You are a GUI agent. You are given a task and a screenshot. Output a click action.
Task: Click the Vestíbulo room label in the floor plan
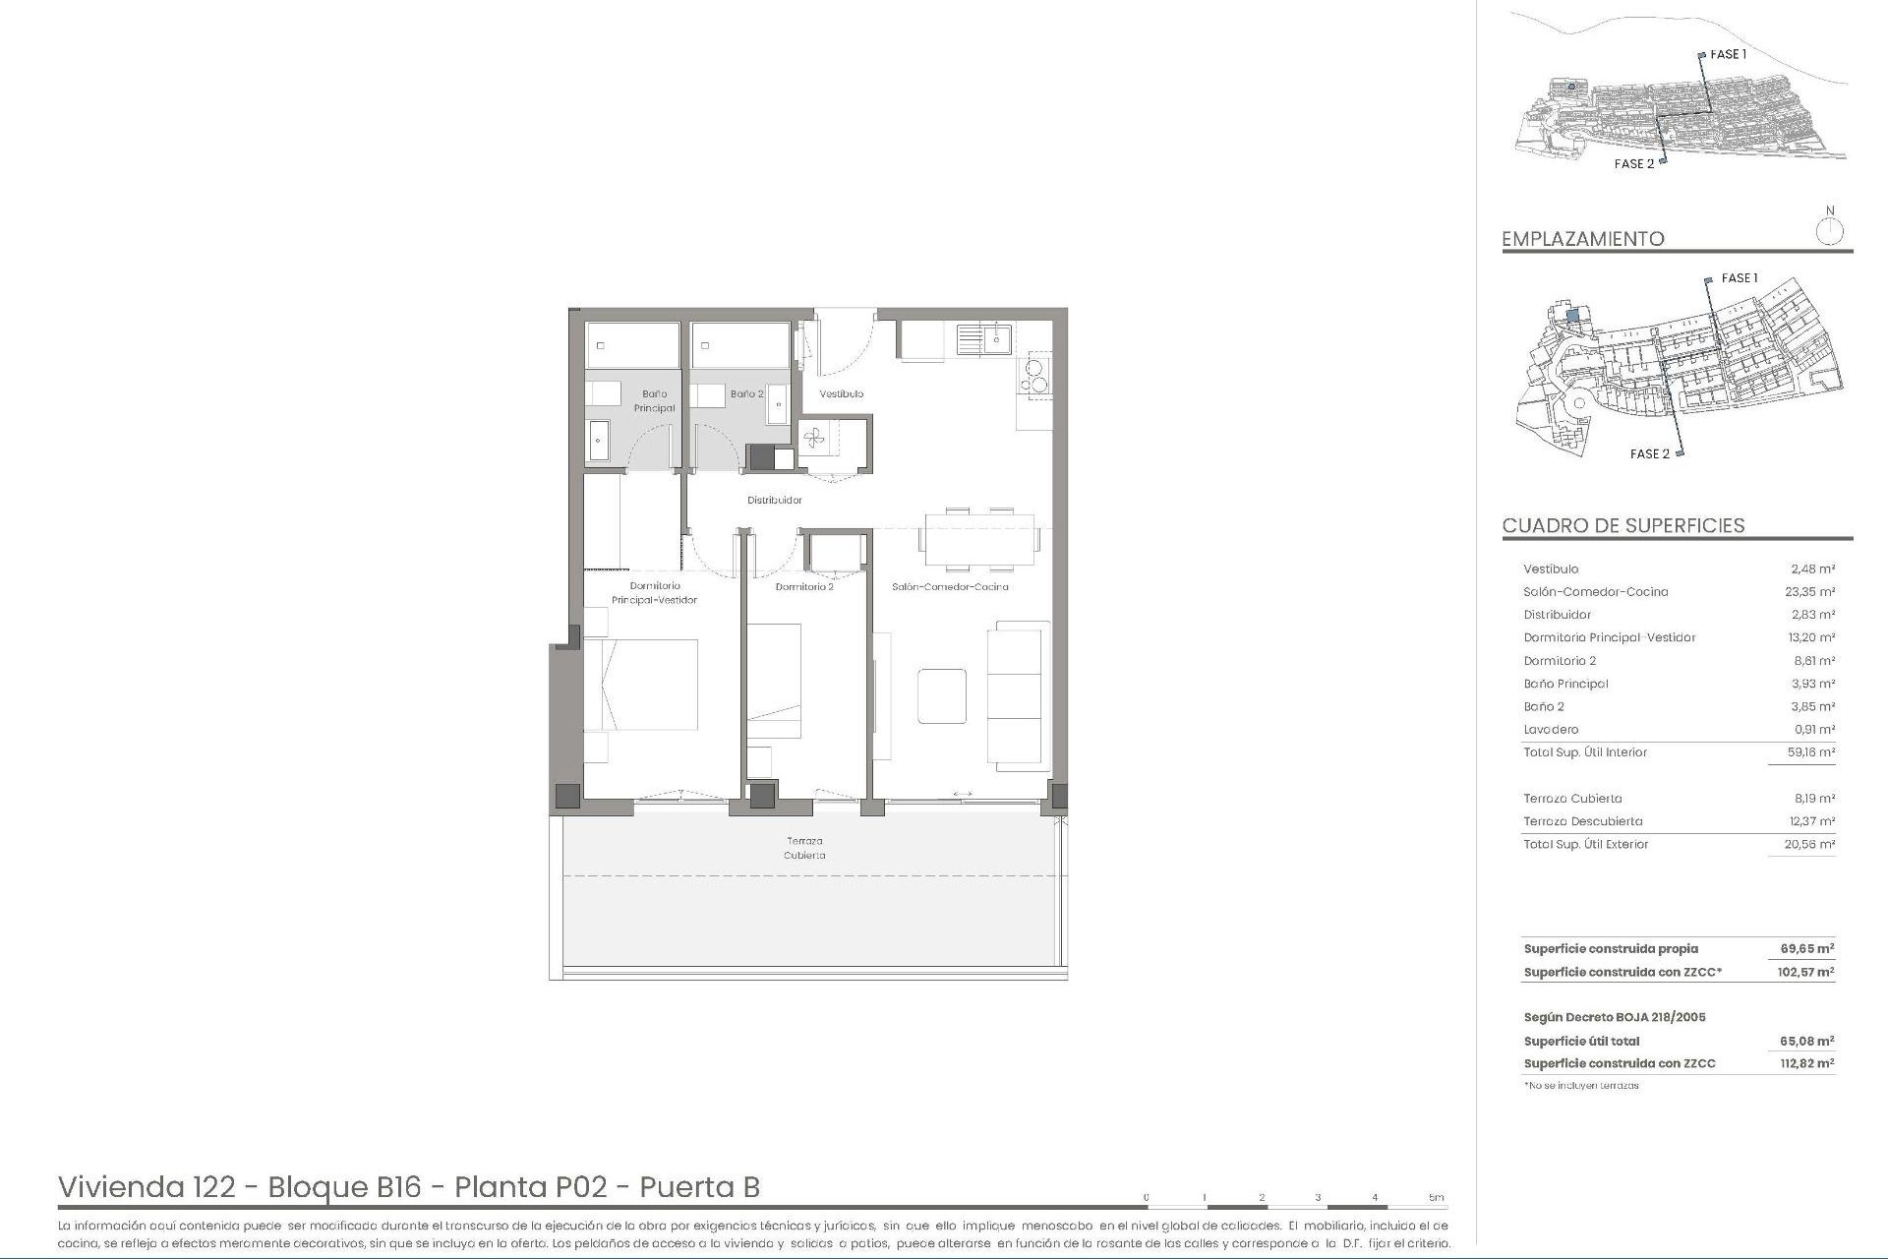click(x=841, y=393)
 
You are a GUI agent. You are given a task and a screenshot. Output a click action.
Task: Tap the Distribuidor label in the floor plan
click(x=774, y=500)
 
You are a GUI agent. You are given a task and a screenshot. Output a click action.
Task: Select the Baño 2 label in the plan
click(x=746, y=393)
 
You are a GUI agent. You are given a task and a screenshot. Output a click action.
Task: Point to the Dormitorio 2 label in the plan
click(x=803, y=587)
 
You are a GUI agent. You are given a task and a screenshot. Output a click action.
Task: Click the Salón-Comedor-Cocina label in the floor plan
click(x=950, y=587)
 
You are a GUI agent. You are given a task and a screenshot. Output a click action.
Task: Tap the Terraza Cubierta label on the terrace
click(x=804, y=848)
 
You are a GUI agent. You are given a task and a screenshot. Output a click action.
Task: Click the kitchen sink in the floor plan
click(x=984, y=339)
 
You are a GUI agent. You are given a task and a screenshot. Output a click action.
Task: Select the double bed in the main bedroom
click(x=641, y=685)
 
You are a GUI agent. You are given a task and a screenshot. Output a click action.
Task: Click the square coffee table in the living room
click(x=941, y=695)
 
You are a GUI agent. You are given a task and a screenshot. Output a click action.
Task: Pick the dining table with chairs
click(x=979, y=540)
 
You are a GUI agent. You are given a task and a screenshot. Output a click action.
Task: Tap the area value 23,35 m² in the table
click(x=1811, y=592)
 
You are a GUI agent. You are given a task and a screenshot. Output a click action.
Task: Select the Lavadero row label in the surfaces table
click(x=1551, y=730)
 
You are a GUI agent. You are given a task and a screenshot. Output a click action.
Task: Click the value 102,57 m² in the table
click(x=1806, y=972)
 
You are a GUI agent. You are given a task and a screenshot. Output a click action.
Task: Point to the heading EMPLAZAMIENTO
click(x=1582, y=239)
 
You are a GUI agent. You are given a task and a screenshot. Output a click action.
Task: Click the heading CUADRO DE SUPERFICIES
click(x=1622, y=525)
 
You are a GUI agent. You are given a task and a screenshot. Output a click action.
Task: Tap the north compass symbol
click(x=1829, y=231)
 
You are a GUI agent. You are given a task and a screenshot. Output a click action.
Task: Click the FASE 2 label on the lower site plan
click(x=1649, y=453)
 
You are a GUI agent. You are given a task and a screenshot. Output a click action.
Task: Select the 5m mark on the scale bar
click(x=1436, y=1197)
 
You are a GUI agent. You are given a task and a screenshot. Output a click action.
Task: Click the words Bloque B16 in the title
click(x=344, y=1187)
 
